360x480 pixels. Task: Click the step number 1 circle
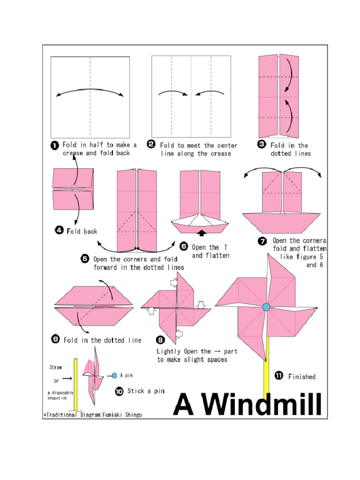54,146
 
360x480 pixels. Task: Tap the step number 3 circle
262,144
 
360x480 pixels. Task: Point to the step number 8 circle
55,340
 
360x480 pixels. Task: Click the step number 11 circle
278,375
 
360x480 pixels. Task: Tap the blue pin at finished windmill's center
266,307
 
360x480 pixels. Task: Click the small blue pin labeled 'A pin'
115,375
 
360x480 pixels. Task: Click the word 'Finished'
302,376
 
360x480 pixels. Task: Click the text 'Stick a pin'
146,391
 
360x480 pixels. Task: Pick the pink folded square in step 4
73,189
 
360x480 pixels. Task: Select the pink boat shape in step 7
281,221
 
